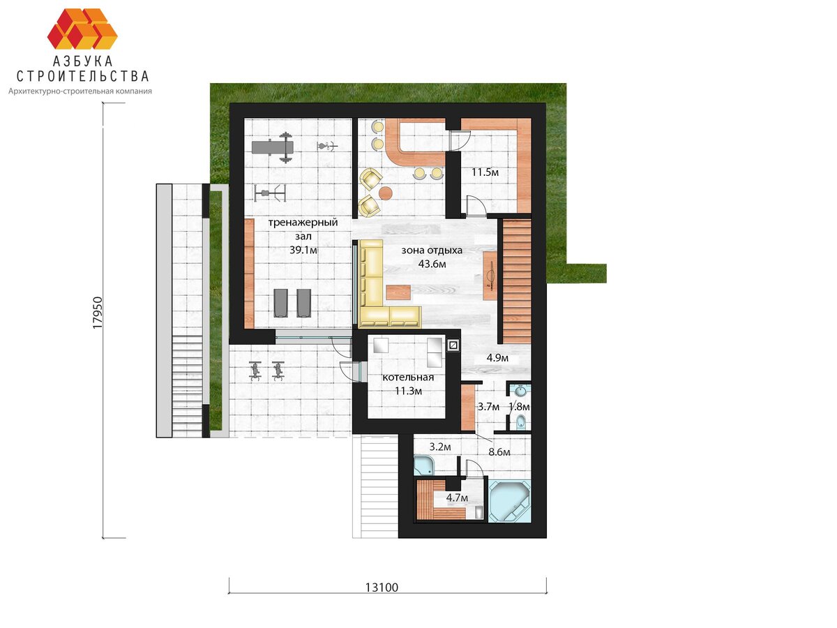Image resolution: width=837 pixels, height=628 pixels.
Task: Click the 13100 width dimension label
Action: coord(382,588)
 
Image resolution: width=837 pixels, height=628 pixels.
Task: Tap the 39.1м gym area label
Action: coord(303,250)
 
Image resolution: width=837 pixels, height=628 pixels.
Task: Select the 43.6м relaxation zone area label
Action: coord(432,264)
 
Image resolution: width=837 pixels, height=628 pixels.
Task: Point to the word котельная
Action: coord(408,377)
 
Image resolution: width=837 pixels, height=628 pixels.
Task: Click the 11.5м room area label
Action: coord(485,172)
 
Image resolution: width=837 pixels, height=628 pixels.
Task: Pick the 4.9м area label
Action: coord(497,358)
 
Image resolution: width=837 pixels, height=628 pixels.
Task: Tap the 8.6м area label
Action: coord(499,452)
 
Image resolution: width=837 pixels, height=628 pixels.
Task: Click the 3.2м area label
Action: coord(440,447)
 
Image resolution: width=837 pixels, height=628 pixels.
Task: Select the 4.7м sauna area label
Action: coord(457,498)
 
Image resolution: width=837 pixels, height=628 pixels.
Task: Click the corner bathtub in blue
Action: coord(509,500)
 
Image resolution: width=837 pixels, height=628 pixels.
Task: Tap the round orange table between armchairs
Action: coord(386,193)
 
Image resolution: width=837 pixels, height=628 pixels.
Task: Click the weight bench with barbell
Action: coord(273,147)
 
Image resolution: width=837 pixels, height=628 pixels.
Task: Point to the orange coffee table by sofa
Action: coord(398,292)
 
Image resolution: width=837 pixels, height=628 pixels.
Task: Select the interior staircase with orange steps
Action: coord(517,281)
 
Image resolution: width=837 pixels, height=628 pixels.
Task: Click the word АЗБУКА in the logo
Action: coord(82,61)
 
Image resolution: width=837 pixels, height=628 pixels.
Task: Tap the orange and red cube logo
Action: coord(82,29)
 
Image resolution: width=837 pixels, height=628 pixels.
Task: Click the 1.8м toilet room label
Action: coord(520,407)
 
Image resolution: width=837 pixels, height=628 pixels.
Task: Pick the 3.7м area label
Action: coord(488,407)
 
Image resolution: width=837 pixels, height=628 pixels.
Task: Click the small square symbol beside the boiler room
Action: coord(453,345)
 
